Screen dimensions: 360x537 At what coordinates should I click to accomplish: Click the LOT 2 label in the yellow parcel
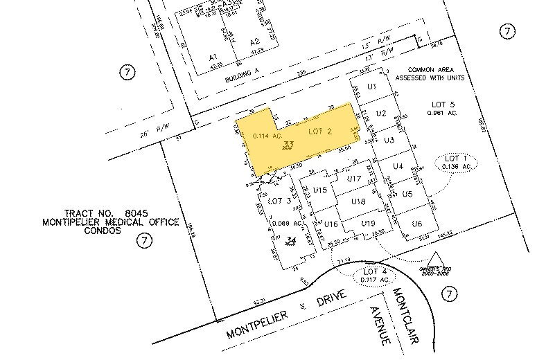click(x=319, y=132)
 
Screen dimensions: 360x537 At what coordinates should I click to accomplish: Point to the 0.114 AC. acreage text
click(x=267, y=136)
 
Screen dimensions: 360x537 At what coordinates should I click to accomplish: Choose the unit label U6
click(x=416, y=224)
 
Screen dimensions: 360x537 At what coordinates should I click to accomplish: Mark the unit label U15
click(x=319, y=190)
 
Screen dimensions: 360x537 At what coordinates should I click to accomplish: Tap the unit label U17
click(x=355, y=179)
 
